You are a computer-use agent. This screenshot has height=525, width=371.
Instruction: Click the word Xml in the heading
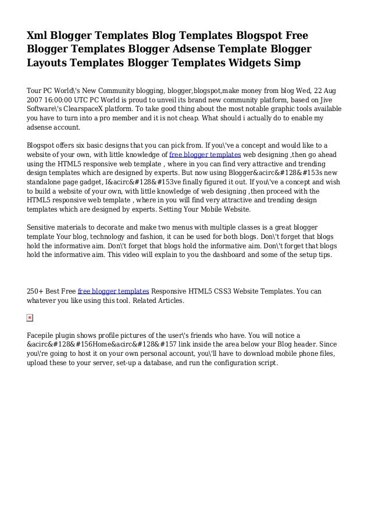point(40,35)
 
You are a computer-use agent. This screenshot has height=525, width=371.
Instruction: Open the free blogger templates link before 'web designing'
point(205,155)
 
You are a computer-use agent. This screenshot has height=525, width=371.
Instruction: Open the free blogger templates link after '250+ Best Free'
point(113,291)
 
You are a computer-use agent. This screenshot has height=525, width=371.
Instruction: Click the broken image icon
point(30,318)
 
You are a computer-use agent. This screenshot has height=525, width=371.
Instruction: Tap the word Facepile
point(42,336)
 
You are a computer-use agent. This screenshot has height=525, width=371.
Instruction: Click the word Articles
point(169,300)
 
